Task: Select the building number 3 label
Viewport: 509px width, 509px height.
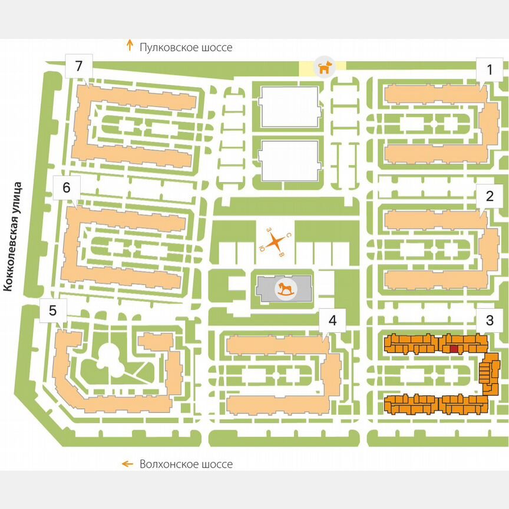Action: pos(489,321)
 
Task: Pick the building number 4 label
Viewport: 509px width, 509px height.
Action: pos(333,321)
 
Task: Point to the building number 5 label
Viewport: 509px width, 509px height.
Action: pos(53,310)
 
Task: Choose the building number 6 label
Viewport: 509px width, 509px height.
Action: pos(66,188)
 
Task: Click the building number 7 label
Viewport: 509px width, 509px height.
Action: pos(79,66)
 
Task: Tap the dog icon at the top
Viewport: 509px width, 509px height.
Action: pos(323,68)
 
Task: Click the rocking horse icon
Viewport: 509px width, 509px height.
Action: pos(285,289)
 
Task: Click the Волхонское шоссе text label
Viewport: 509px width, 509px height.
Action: pos(186,464)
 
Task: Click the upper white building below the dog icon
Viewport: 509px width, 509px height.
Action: pos(289,106)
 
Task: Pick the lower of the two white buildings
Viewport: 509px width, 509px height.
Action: pos(289,161)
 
